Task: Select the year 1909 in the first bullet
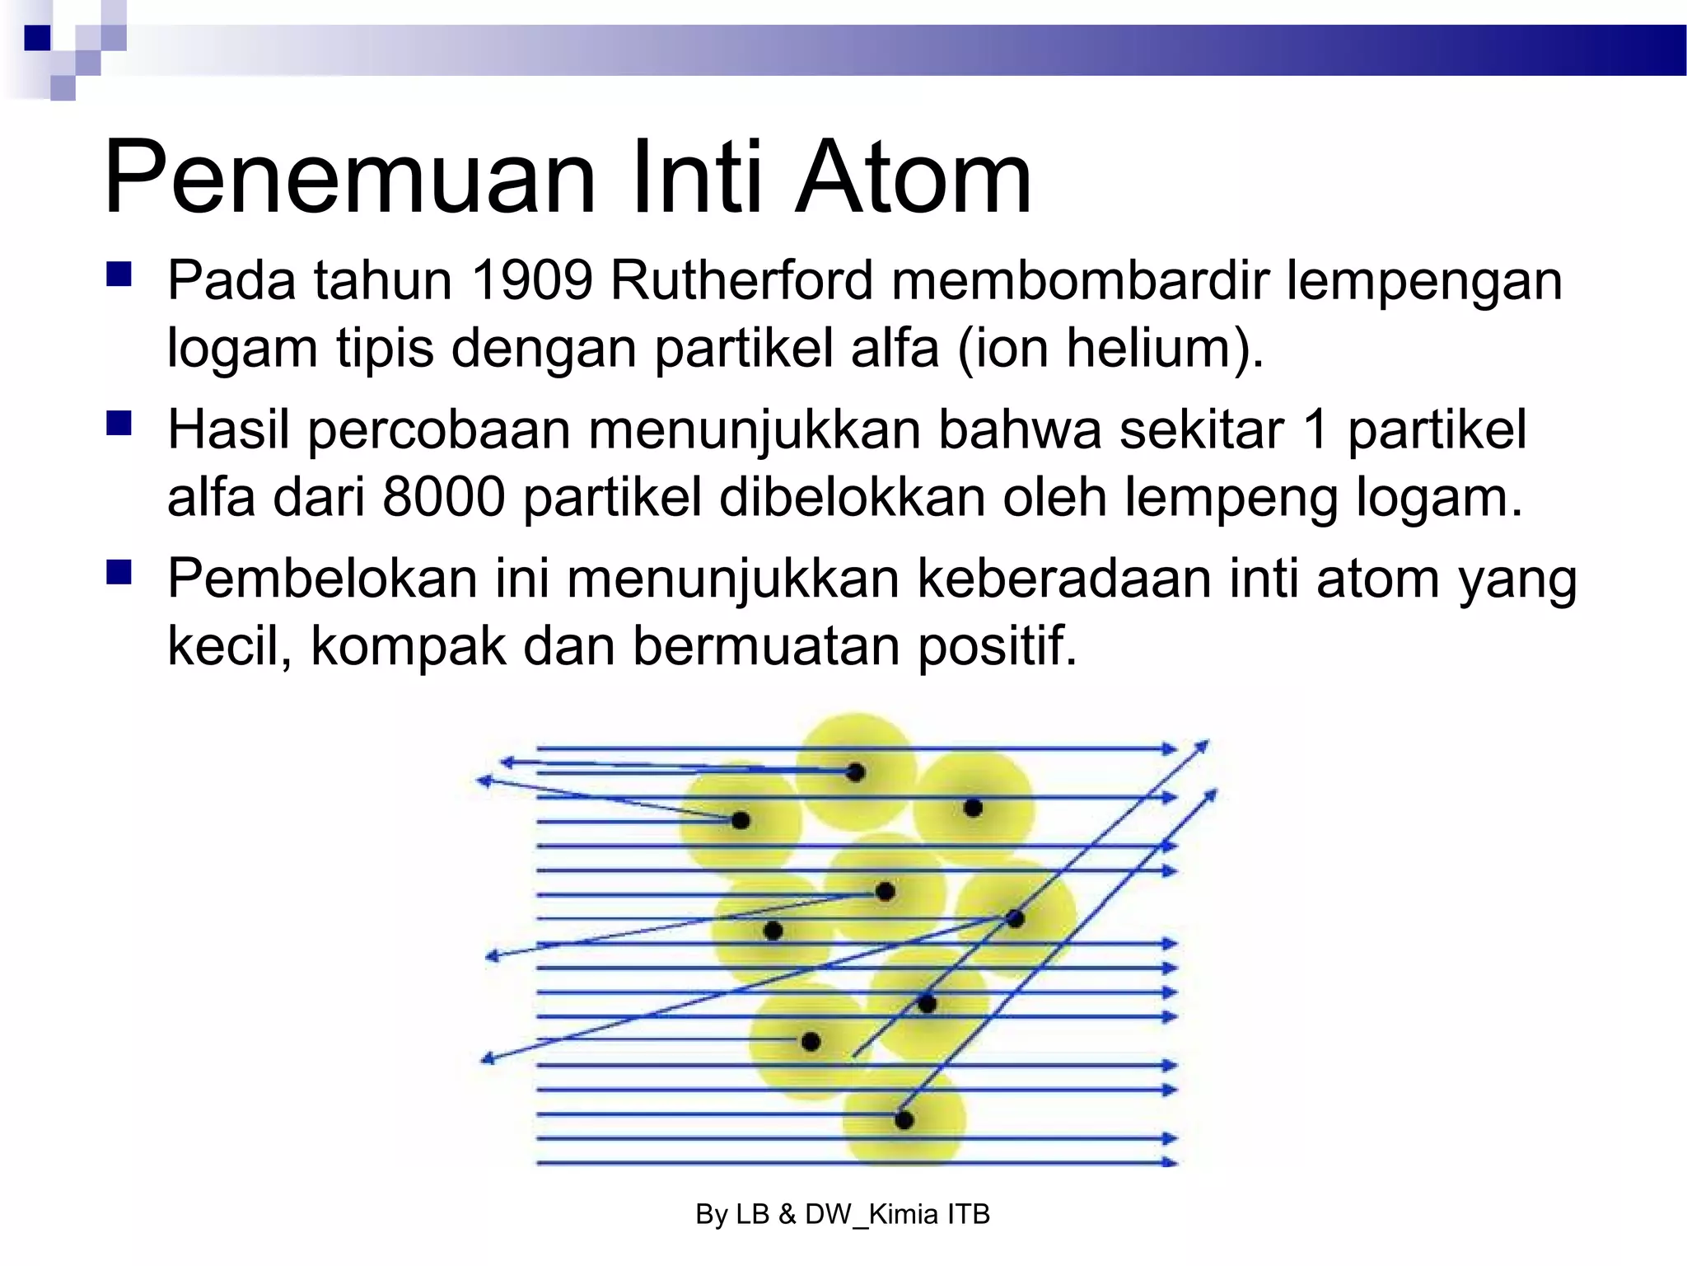(x=531, y=281)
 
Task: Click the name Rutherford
(x=741, y=281)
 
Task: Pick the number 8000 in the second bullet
(x=443, y=497)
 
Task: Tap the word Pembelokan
(x=322, y=579)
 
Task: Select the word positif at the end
(x=997, y=645)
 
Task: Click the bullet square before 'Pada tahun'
(x=119, y=274)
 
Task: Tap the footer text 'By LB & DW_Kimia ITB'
(x=842, y=1214)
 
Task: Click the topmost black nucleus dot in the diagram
(x=855, y=772)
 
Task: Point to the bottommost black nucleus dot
(x=904, y=1120)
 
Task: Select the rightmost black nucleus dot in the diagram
(x=1015, y=918)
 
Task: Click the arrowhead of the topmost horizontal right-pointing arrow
(x=1170, y=748)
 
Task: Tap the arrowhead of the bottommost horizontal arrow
(x=1170, y=1162)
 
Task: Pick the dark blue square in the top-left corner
(x=38, y=38)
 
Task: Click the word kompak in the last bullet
(x=408, y=645)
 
